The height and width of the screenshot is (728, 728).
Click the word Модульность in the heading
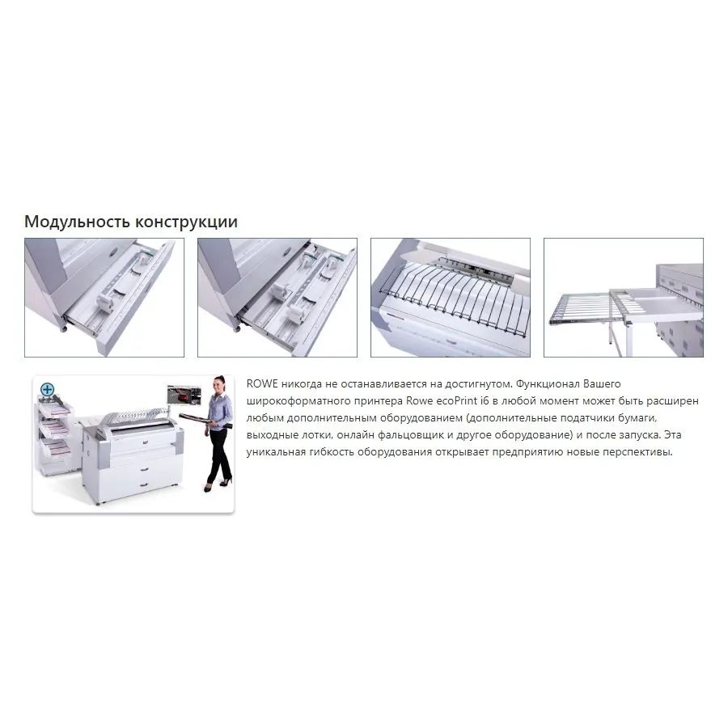77,222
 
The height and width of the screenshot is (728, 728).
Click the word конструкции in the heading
187,222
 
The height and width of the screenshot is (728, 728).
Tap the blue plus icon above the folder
48,389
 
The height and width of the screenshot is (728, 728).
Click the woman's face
219,385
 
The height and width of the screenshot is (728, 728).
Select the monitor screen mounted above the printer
184,395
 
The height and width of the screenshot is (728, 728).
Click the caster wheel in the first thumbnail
64,328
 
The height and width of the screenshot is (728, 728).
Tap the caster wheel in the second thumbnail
237,328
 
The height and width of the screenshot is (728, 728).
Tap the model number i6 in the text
484,400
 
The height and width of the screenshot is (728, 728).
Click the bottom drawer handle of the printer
144,485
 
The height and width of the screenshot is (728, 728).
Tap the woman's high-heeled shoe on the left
208,488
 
